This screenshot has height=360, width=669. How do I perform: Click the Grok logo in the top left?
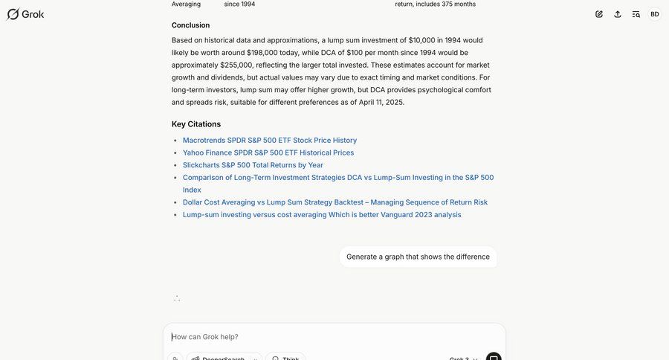click(25, 14)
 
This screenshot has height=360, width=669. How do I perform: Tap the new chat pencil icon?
click(599, 14)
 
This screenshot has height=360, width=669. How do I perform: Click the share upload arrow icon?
click(618, 14)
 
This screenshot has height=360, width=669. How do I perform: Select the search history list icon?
click(636, 14)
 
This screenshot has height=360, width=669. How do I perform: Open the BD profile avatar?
click(655, 14)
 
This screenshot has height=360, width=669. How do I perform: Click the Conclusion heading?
click(190, 25)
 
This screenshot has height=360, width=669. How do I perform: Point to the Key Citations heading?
click(196, 124)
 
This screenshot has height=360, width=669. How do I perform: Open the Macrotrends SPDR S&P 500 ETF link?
click(270, 140)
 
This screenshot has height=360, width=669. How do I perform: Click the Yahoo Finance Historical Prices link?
click(268, 152)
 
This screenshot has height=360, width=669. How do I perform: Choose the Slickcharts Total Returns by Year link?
click(253, 165)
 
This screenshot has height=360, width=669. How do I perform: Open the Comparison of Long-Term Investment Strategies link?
click(338, 178)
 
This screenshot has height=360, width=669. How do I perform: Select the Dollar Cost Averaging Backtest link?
click(335, 202)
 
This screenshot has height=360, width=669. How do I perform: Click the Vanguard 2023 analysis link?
click(322, 215)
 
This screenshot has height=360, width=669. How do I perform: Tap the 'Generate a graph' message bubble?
click(418, 257)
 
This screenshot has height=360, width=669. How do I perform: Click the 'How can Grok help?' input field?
click(327, 337)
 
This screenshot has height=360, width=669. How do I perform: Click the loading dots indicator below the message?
click(177, 298)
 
